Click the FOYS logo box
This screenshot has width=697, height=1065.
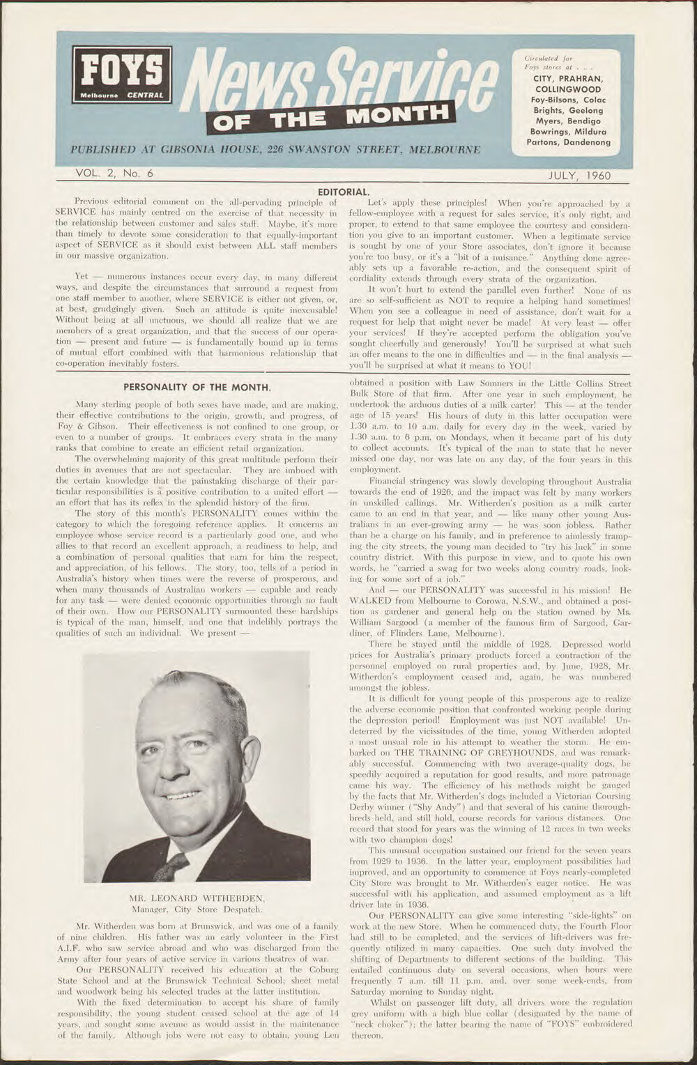[121, 75]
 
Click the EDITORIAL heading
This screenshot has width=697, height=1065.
[343, 190]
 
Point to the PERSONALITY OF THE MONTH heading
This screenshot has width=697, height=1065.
[197, 387]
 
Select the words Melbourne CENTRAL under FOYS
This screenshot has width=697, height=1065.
[121, 95]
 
